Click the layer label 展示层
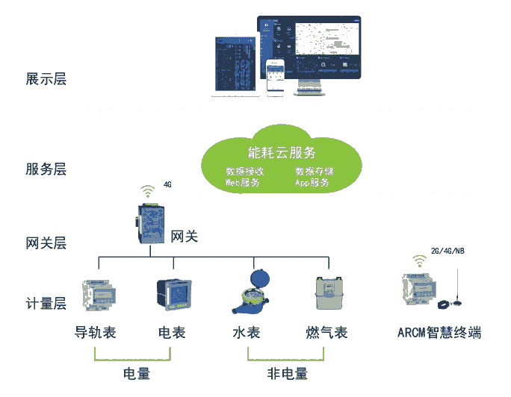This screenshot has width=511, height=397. coord(46,78)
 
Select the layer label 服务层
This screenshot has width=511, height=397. coord(46,169)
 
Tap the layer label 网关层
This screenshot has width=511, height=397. coord(46,243)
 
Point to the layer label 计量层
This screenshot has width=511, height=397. coord(46,304)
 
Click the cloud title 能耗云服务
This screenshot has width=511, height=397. coord(281,153)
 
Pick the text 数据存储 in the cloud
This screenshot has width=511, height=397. coord(314,171)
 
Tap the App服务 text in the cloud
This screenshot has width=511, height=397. coord(312,182)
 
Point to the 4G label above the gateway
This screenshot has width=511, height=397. coord(167,183)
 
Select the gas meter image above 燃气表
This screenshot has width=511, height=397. coord(326,294)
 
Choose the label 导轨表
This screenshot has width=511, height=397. coord(96,333)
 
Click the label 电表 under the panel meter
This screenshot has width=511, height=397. coord(172,333)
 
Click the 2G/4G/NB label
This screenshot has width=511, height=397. coord(447,250)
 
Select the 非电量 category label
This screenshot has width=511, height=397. coord(288,373)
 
